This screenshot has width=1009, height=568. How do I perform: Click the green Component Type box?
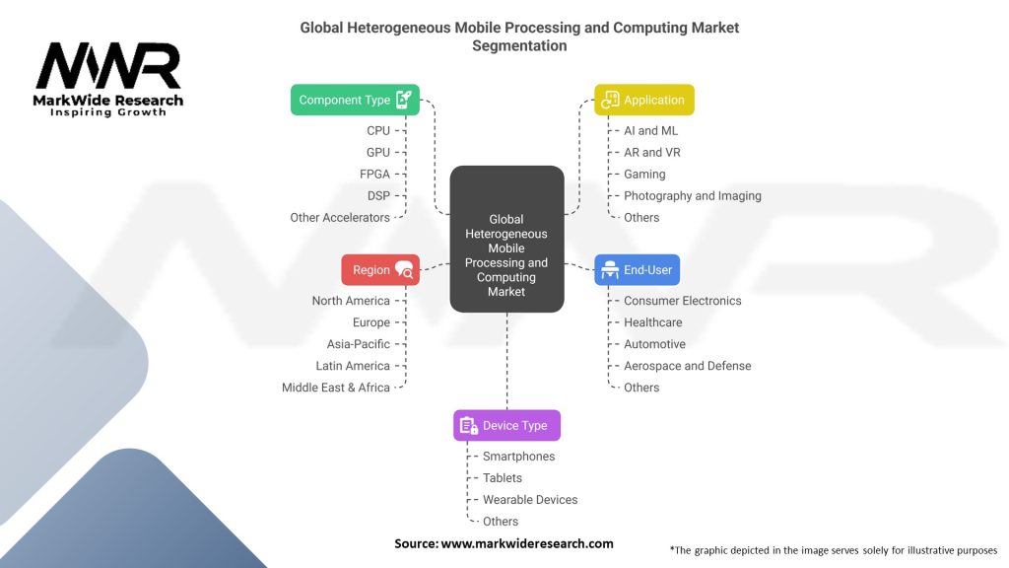point(355,100)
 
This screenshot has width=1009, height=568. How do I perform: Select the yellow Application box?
point(644,100)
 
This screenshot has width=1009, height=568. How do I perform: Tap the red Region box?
point(380,270)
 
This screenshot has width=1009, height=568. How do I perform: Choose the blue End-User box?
point(638,270)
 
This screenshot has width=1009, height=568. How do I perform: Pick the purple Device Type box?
point(507,426)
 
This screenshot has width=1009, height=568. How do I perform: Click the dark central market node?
point(507,239)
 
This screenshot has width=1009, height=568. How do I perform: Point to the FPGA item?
point(374,174)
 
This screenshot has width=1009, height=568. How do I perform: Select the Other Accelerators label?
point(340,218)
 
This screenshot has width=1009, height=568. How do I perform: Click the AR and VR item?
point(652,152)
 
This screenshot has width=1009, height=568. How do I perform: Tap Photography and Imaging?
point(693,196)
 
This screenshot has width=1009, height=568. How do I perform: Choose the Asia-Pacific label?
point(359,344)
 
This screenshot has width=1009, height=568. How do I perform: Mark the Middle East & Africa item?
point(336,388)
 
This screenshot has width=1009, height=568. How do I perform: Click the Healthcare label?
point(652,322)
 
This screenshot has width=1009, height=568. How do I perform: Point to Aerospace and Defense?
point(687,366)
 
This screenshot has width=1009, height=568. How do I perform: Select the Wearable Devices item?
point(530,500)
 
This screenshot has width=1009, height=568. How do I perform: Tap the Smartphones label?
point(518,456)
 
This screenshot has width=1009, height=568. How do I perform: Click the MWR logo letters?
point(108,66)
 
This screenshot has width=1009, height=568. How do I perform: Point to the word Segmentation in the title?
point(519,45)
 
